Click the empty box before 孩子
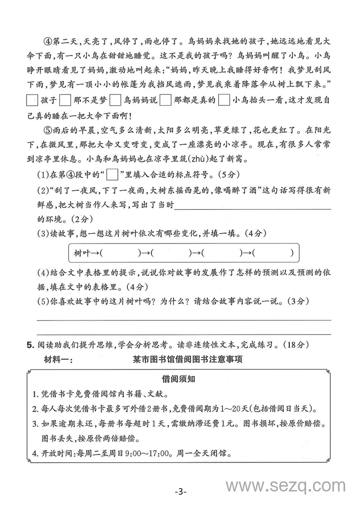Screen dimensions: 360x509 [32, 100]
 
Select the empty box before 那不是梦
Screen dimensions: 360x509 [65, 100]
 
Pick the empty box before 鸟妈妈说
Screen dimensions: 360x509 [115, 100]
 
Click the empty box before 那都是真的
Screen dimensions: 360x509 [165, 100]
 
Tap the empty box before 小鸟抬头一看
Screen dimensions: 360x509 [224, 100]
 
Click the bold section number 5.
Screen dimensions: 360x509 [31, 345]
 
